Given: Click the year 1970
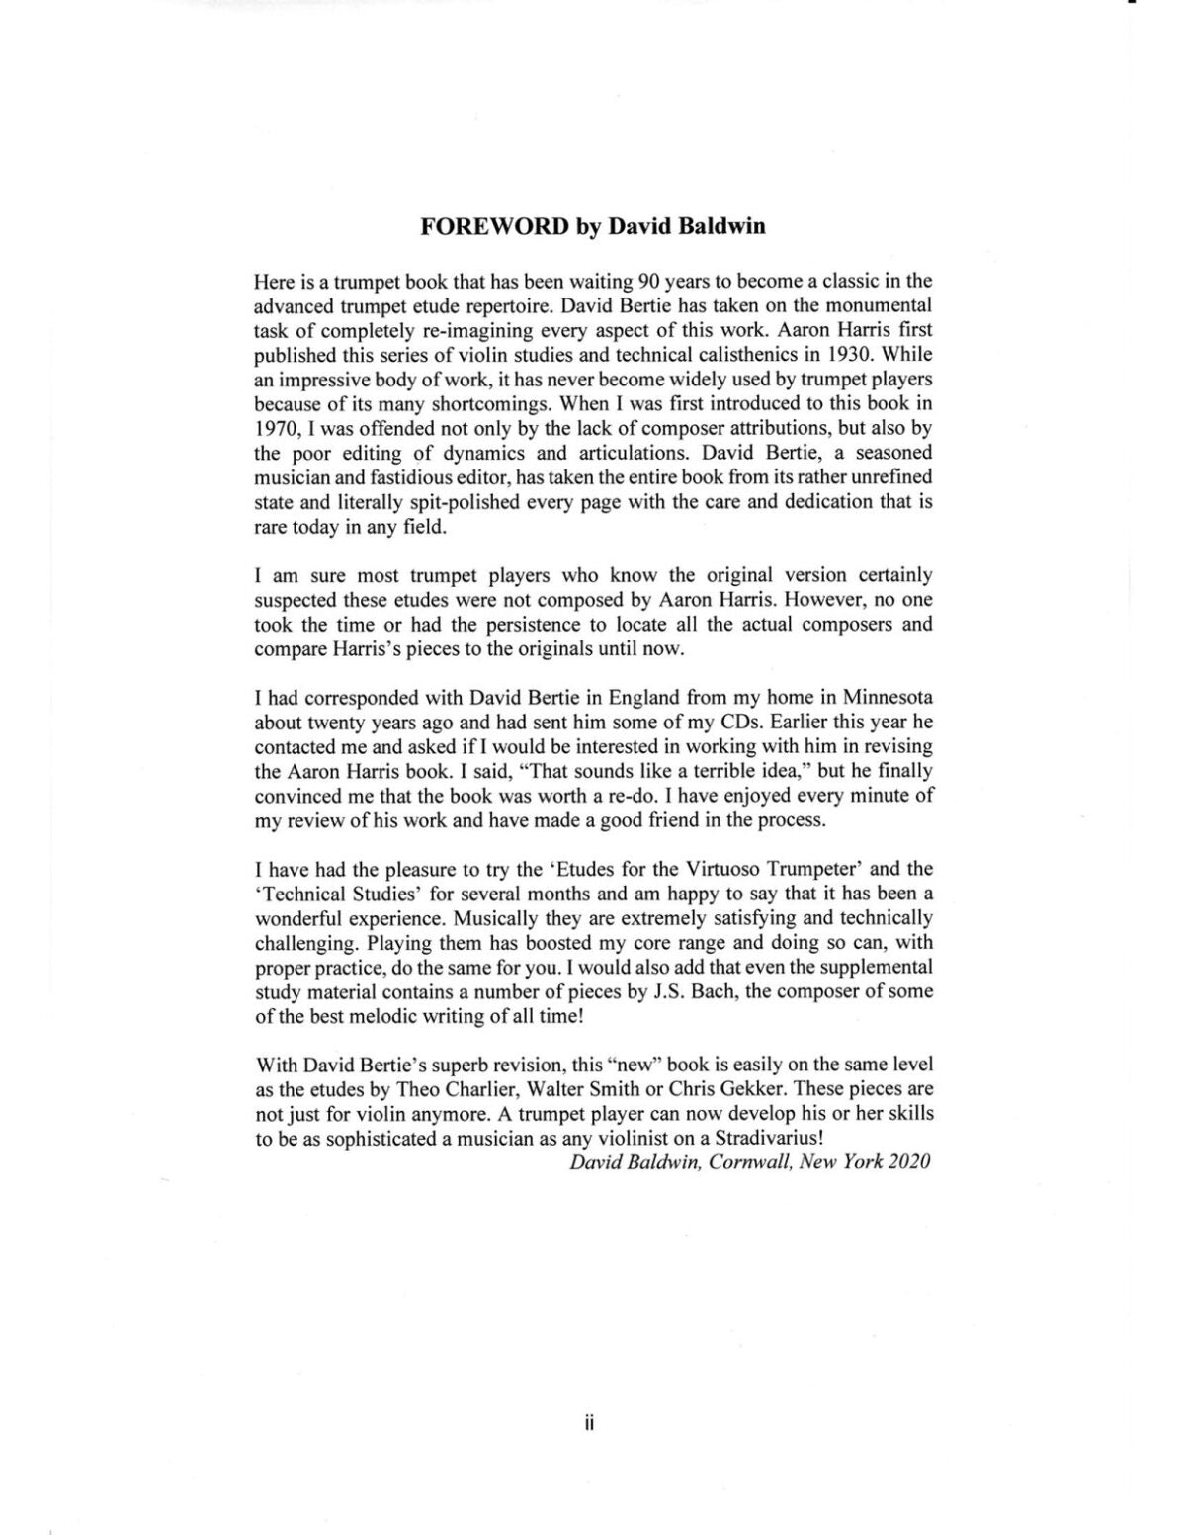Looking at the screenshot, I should (276, 428).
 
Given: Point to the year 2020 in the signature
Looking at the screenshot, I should (909, 1162).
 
